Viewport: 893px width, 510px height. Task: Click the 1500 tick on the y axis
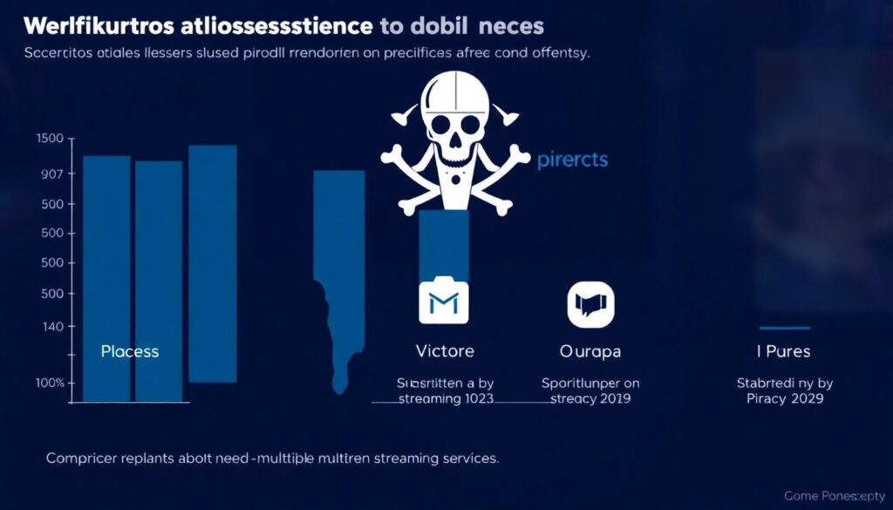pos(51,139)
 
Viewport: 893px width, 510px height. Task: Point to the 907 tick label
pos(51,174)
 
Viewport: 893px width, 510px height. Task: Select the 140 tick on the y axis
pos(52,326)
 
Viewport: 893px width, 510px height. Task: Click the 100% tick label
pos(51,383)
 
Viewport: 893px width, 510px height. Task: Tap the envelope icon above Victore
pos(444,303)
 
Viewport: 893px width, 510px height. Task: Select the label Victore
pos(445,351)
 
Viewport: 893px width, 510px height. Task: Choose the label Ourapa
pos(590,351)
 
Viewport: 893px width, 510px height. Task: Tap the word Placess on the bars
pos(130,351)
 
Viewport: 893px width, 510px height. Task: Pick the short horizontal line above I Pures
pos(785,328)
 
